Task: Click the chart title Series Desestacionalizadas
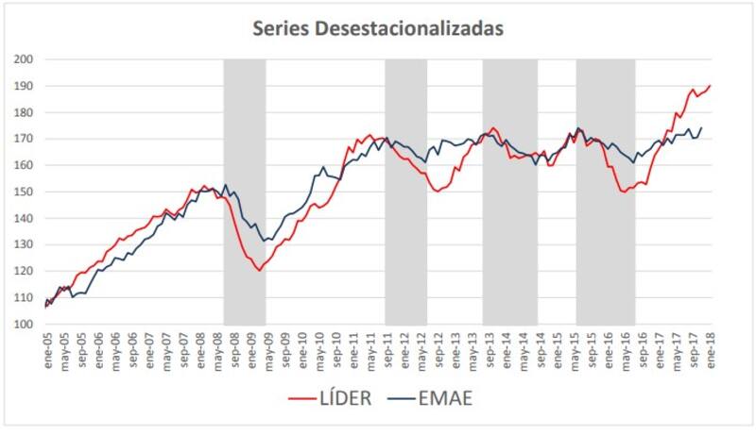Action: pos(377,29)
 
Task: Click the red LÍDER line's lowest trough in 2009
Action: pos(259,271)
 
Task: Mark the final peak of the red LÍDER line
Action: pos(711,86)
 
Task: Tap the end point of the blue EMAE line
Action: pos(701,127)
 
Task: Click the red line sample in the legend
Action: pos(304,399)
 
